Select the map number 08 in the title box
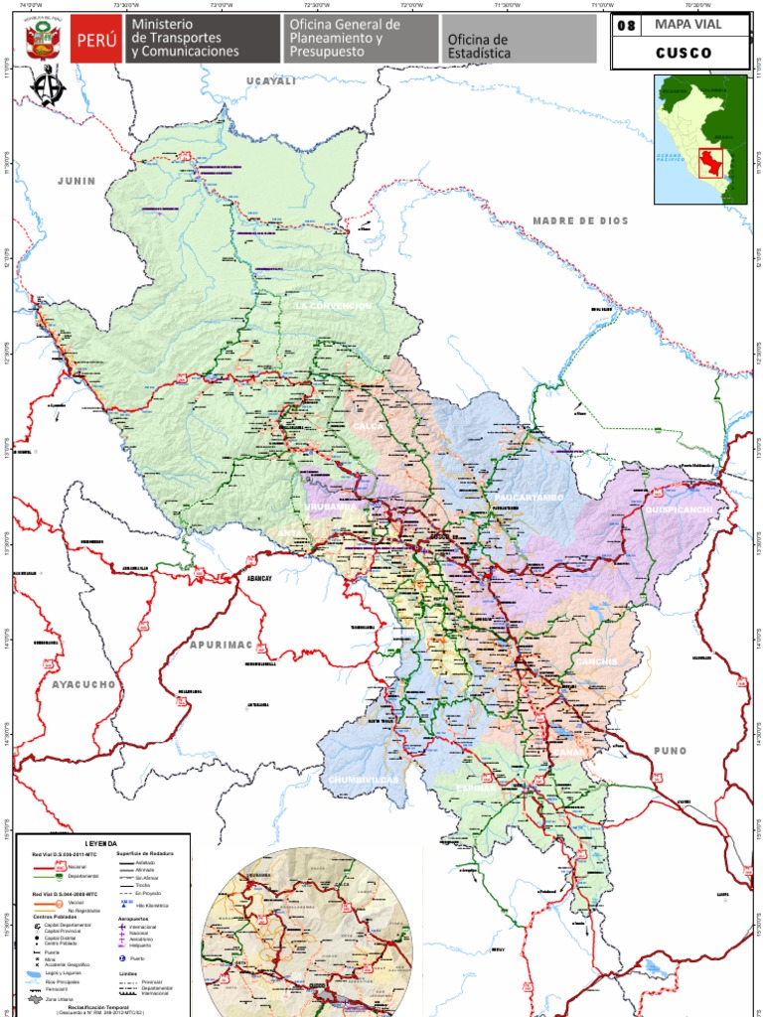click(626, 26)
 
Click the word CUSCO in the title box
click(683, 54)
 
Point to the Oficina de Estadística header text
click(478, 46)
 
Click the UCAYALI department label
click(272, 81)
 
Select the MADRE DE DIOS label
click(580, 220)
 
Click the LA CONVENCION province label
click(333, 306)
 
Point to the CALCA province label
click(368, 426)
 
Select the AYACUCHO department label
click(84, 684)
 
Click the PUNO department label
click(671, 752)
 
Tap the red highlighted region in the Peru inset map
click(709, 161)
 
